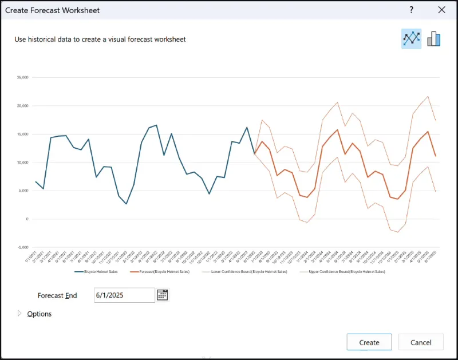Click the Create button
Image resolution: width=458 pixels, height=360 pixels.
(x=369, y=342)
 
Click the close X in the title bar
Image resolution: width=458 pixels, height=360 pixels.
(x=441, y=10)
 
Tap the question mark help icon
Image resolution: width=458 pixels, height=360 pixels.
(x=411, y=10)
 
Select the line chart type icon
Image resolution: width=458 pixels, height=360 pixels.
(x=411, y=38)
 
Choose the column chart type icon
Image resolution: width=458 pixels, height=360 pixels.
(x=434, y=38)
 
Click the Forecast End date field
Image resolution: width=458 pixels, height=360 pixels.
(x=124, y=295)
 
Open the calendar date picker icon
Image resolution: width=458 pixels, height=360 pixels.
(x=163, y=295)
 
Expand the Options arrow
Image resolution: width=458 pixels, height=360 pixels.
(x=19, y=314)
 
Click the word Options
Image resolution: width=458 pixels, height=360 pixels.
(x=40, y=314)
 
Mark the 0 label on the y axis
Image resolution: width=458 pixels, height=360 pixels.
(x=26, y=219)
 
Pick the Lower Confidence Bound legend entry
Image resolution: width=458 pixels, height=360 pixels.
(x=247, y=271)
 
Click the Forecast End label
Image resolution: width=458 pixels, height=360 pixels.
(x=57, y=295)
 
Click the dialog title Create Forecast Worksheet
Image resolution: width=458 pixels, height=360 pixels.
(x=52, y=10)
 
